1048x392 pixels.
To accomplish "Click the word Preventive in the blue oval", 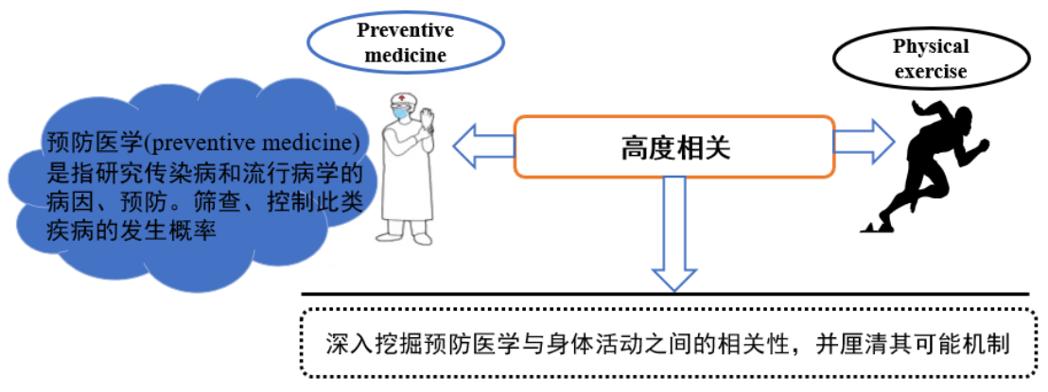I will [x=405, y=30].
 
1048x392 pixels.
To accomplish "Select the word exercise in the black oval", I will [x=931, y=71].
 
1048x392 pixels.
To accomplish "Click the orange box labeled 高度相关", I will [x=674, y=146].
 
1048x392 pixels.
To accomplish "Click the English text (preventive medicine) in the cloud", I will [x=251, y=145].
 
